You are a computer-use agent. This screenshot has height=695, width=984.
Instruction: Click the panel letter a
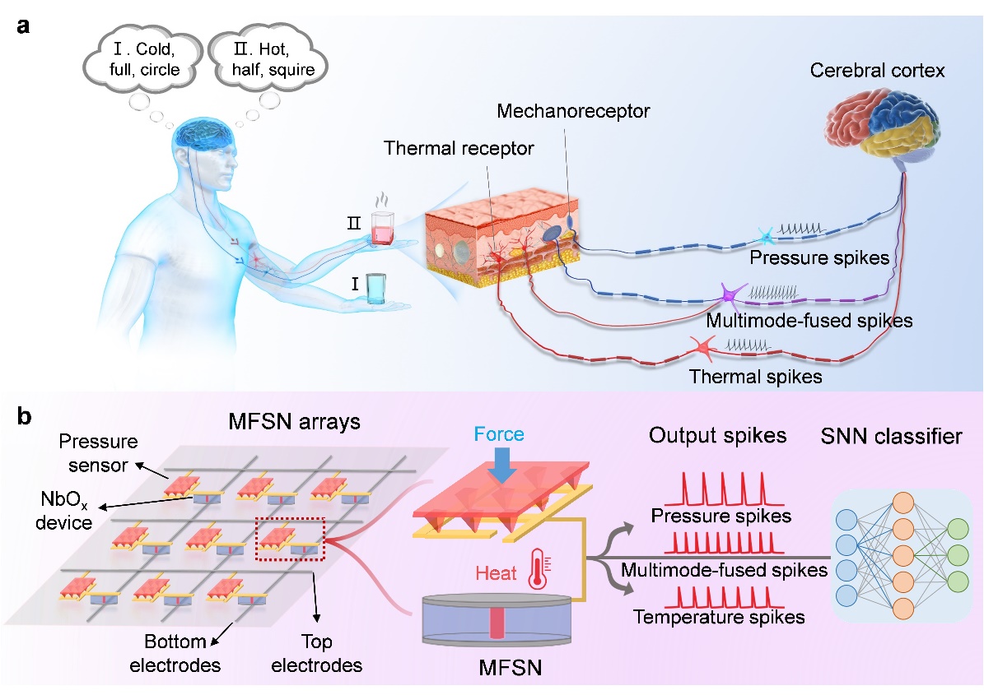click(25, 25)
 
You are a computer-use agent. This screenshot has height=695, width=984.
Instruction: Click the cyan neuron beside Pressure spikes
click(767, 238)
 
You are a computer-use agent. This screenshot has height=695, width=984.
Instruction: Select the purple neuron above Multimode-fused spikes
click(729, 294)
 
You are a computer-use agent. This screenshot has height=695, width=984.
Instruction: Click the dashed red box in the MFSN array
click(291, 538)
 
